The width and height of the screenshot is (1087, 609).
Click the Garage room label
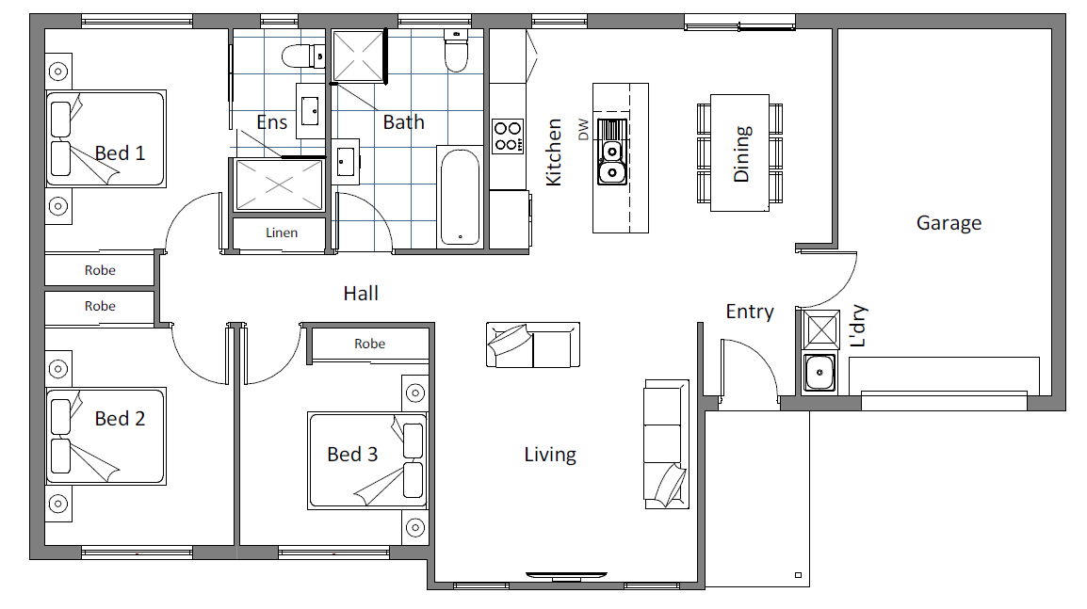[949, 223]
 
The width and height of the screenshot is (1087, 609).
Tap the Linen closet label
[282, 232]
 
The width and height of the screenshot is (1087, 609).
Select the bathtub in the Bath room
[460, 197]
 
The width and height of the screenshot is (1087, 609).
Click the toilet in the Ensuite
[303, 56]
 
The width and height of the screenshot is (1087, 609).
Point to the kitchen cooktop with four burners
[508, 136]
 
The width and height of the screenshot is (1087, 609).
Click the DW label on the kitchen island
[583, 130]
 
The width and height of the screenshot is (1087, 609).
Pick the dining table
[739, 153]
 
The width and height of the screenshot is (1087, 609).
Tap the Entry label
[750, 312]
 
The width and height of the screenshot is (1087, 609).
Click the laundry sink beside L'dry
[819, 373]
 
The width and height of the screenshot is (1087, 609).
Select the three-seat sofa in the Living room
[666, 444]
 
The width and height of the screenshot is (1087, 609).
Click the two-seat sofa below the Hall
[532, 345]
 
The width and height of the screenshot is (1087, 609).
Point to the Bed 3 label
[352, 455]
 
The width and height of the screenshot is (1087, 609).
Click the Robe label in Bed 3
[369, 344]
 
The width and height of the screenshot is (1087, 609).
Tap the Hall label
[361, 294]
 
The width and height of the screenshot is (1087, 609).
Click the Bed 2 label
[120, 419]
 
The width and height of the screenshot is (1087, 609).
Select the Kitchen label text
[553, 152]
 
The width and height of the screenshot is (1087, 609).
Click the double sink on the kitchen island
[612, 152]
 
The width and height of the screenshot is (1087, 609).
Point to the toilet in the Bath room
[456, 51]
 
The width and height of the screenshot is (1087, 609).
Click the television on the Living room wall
[566, 575]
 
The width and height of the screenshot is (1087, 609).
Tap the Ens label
[271, 122]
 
